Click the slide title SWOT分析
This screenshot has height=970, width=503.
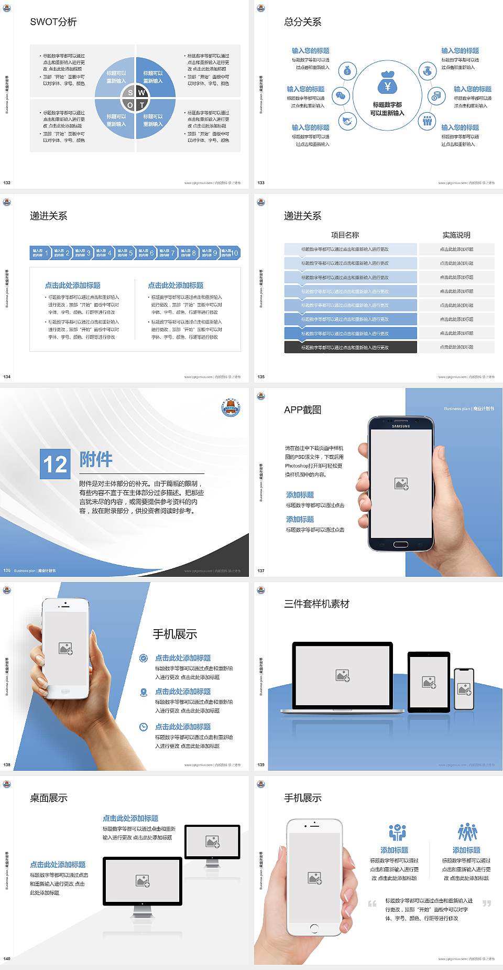point(53,22)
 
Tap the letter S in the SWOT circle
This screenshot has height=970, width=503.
point(130,93)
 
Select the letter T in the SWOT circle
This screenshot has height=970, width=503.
point(141,105)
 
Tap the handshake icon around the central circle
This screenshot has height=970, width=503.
point(346,121)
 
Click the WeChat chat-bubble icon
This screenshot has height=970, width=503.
point(341,96)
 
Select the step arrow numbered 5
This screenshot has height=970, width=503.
point(125,253)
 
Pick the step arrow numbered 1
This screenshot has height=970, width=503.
point(40,253)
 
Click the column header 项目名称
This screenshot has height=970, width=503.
point(345,235)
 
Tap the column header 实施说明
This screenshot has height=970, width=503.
point(456,235)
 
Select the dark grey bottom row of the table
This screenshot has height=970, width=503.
point(351,347)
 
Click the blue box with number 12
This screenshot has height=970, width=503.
point(55,464)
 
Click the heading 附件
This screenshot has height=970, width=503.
point(96,459)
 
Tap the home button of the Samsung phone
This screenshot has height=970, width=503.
point(400,544)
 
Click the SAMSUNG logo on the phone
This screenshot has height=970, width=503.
point(401,426)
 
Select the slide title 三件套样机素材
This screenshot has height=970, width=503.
point(316,604)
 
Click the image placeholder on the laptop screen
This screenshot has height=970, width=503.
point(343,675)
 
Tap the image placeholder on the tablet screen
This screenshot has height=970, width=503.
point(429,682)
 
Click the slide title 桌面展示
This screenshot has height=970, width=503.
point(49,798)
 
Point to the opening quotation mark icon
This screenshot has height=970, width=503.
point(372,903)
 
